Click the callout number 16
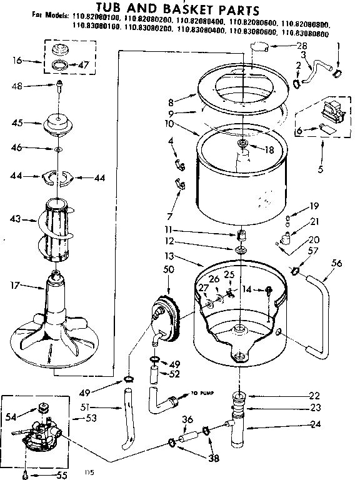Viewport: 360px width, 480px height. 17,61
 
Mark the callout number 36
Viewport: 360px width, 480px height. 186,419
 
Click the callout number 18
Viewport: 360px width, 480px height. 270,149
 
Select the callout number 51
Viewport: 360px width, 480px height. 103,408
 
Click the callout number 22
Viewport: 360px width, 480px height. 314,395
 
